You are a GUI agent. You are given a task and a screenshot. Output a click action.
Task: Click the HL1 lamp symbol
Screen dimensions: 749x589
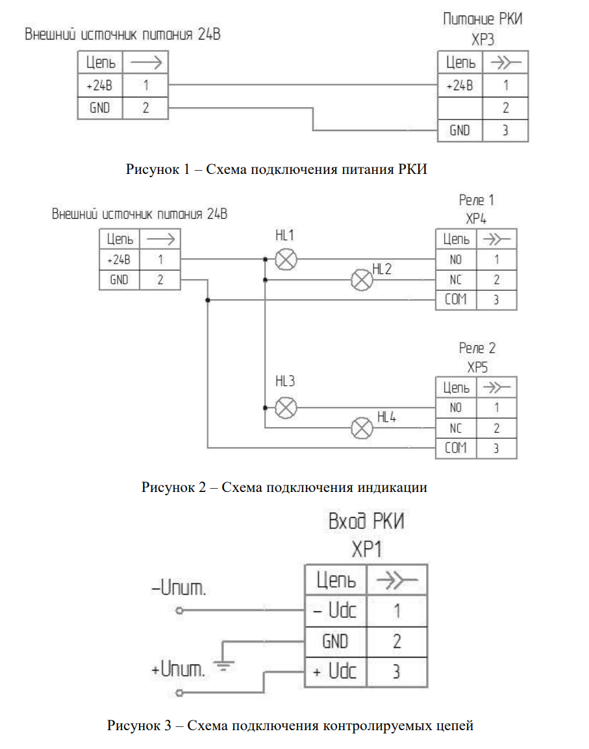[x=286, y=260]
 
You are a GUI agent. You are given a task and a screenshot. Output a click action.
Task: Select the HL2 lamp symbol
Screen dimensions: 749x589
[x=362, y=280]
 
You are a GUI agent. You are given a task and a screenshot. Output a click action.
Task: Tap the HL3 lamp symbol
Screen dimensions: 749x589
[x=286, y=408]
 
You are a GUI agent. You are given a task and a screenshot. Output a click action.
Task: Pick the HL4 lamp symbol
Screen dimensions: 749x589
[x=362, y=428]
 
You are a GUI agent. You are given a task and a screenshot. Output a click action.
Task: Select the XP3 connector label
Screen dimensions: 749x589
[x=482, y=40]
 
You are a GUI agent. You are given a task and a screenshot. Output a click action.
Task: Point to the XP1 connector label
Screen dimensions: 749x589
[x=366, y=550]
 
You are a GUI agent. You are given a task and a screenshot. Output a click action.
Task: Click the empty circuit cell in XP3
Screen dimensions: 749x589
[x=460, y=108]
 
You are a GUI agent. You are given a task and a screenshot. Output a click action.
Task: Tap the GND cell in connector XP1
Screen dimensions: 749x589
[x=335, y=641]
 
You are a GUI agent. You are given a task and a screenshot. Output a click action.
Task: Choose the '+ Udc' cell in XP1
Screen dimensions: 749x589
[x=335, y=671]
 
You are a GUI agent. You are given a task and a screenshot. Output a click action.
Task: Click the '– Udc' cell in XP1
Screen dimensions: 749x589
[x=335, y=611]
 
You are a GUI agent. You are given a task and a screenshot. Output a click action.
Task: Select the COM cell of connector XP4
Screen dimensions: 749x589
[x=456, y=300]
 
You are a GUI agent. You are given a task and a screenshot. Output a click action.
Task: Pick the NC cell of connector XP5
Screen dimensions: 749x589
[x=456, y=428]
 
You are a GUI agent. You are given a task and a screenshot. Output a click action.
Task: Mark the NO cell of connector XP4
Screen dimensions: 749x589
[x=456, y=260]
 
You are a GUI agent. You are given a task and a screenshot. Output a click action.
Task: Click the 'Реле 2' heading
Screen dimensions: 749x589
[x=477, y=349]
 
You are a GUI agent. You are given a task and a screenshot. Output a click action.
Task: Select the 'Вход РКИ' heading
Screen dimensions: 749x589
[x=366, y=522]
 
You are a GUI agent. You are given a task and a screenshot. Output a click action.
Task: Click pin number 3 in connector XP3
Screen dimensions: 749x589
[x=505, y=130]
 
